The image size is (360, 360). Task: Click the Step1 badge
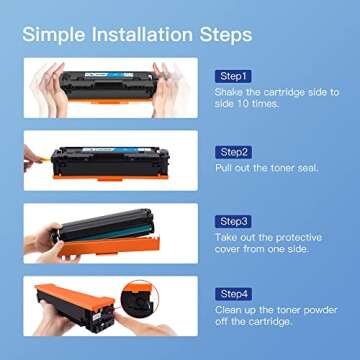click(234, 76)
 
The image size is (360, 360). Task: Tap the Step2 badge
click(234, 152)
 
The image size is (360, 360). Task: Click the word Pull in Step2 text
click(225, 167)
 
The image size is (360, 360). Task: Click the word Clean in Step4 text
click(230, 311)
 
